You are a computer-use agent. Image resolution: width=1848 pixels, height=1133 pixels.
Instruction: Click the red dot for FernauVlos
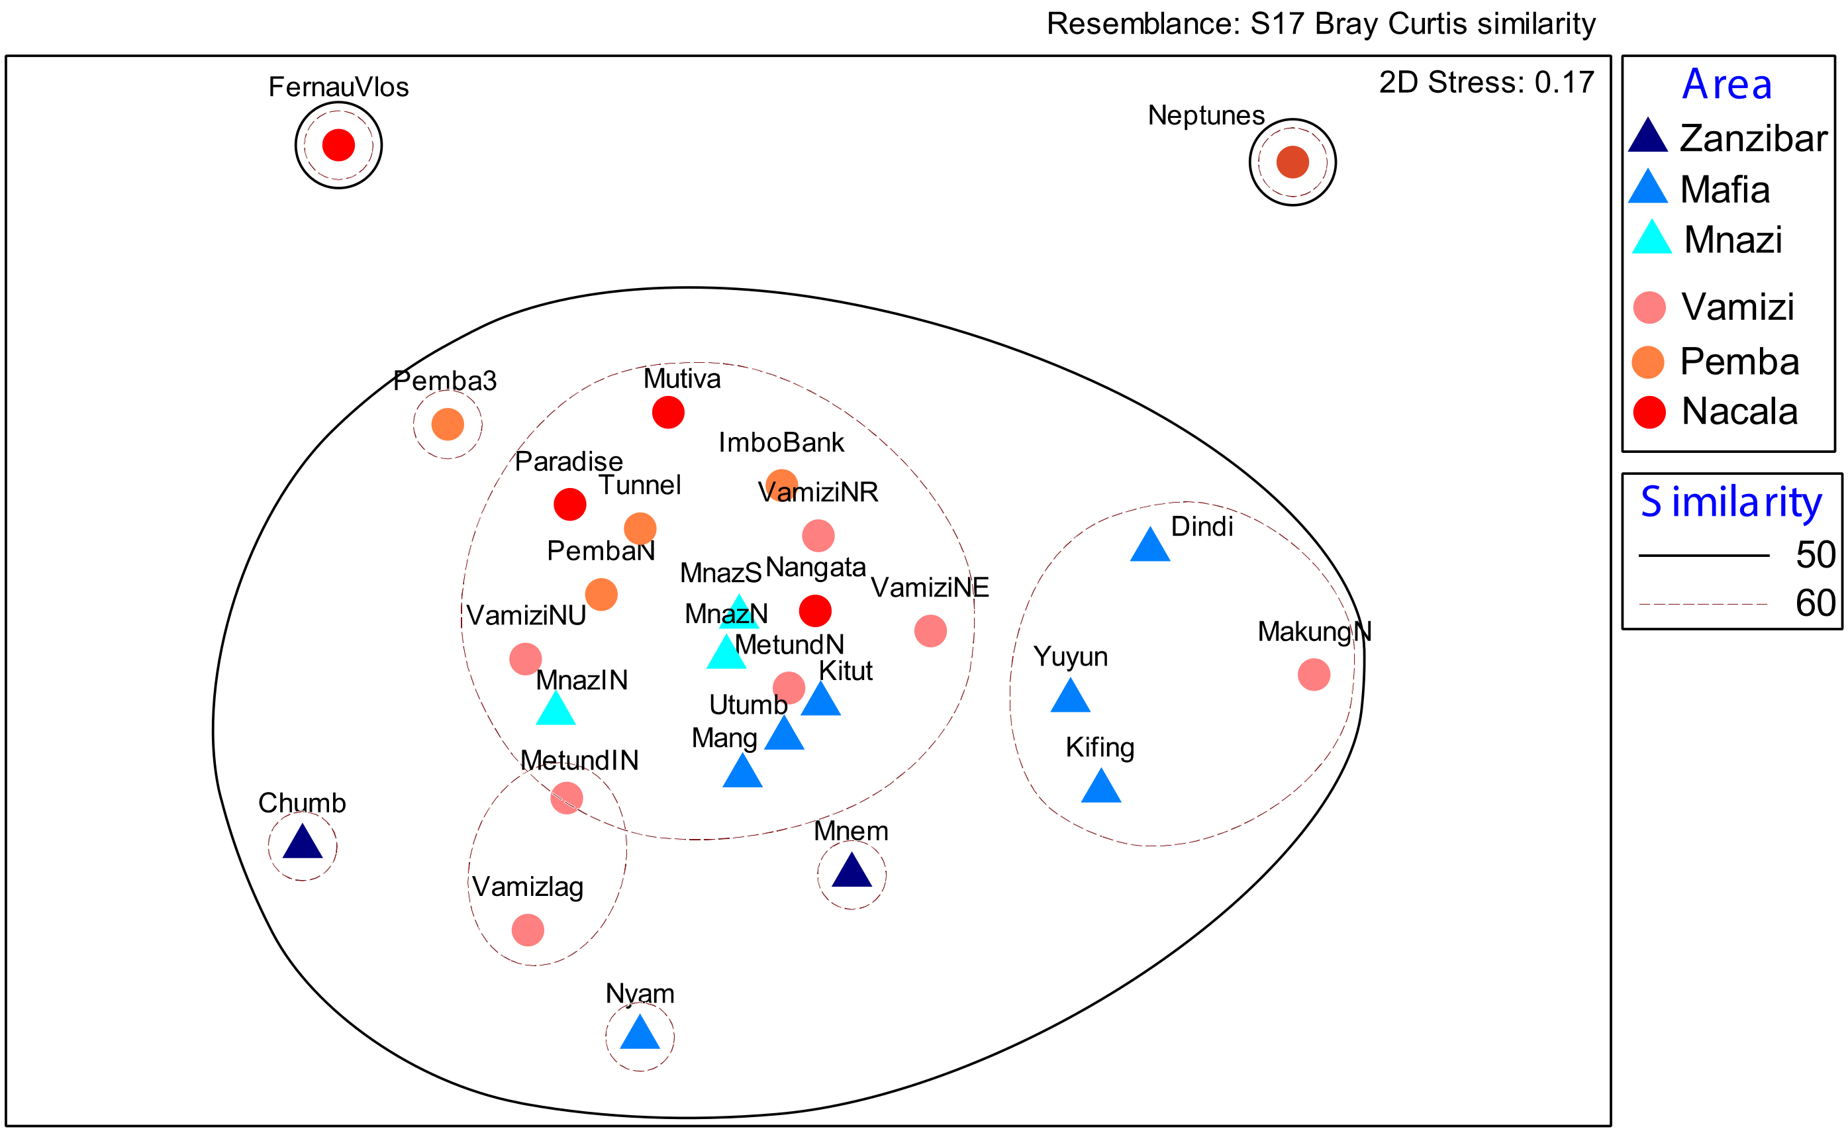point(338,145)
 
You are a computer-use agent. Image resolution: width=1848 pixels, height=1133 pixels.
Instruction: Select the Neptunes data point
point(1292,162)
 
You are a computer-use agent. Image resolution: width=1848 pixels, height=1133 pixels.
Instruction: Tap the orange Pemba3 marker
point(448,424)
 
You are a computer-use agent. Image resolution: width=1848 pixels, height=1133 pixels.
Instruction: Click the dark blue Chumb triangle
point(302,844)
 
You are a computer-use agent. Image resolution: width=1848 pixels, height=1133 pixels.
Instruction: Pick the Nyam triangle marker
point(640,1034)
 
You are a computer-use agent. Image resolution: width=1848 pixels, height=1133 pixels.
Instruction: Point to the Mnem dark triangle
point(852,872)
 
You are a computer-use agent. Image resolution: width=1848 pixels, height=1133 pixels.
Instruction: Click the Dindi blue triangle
point(1149,546)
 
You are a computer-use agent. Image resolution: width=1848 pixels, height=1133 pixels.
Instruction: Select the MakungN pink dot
point(1314,675)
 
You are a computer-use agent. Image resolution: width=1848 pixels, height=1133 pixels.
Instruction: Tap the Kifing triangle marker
point(1101,787)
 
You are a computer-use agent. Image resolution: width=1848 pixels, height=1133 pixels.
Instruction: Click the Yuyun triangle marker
point(1070,697)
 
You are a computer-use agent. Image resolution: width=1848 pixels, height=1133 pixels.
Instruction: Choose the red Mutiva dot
point(668,413)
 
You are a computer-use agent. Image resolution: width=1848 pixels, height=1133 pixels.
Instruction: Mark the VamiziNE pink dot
point(931,631)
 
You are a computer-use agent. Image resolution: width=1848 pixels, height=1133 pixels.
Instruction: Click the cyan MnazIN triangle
point(556,710)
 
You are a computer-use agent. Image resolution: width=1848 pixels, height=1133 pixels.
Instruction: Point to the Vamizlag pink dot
point(528,930)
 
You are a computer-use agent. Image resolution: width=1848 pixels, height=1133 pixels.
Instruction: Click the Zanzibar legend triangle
point(1648,137)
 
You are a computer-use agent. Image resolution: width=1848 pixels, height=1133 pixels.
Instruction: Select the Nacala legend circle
point(1649,413)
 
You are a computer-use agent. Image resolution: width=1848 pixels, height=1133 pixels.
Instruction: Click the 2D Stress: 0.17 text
point(1486,83)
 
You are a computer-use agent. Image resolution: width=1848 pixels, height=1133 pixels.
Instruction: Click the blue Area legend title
point(1727,84)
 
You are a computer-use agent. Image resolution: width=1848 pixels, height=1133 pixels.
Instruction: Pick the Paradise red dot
point(570,505)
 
